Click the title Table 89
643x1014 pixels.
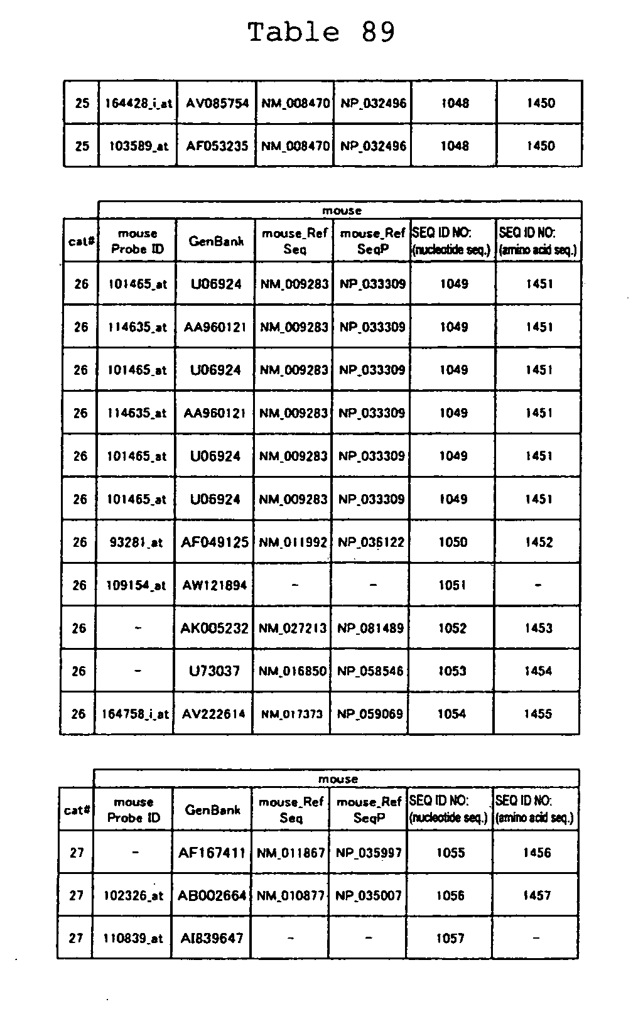321,32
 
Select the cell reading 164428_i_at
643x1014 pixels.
138,103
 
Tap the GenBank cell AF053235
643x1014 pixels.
217,146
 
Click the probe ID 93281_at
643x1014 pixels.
136,542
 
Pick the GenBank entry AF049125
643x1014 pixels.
215,542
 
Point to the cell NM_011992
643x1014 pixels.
293,542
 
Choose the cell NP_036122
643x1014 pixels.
371,542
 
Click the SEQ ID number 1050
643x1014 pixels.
453,542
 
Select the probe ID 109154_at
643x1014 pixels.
136,585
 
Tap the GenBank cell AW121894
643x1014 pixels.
215,585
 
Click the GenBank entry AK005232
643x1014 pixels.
214,628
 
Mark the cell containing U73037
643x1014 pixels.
214,671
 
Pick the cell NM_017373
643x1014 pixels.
292,714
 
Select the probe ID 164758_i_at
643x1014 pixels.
135,714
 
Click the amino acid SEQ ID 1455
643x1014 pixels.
538,714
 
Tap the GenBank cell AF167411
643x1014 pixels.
212,853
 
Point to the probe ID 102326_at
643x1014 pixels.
133,895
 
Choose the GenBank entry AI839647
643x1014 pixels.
212,938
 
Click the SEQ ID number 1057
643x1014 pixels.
450,938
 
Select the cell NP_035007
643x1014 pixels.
369,895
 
